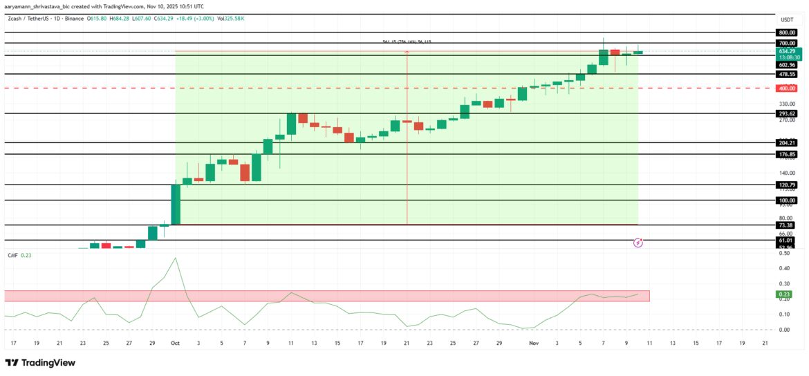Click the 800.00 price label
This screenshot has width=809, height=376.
[785, 32]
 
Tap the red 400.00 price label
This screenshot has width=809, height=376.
[785, 88]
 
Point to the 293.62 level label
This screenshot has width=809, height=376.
[785, 113]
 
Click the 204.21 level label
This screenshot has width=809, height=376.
[785, 143]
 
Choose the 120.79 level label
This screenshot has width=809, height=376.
[785, 185]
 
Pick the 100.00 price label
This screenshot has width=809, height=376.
[785, 200]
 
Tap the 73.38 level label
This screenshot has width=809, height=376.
[785, 225]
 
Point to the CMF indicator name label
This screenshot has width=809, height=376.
[12, 256]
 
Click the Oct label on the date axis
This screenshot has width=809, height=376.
[175, 343]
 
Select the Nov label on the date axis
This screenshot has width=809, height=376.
[534, 343]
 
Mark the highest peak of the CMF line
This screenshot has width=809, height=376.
[175, 258]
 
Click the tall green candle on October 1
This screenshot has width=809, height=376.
[176, 204]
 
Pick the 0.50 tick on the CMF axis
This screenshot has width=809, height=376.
[785, 254]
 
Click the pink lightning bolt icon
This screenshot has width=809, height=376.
[639, 243]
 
